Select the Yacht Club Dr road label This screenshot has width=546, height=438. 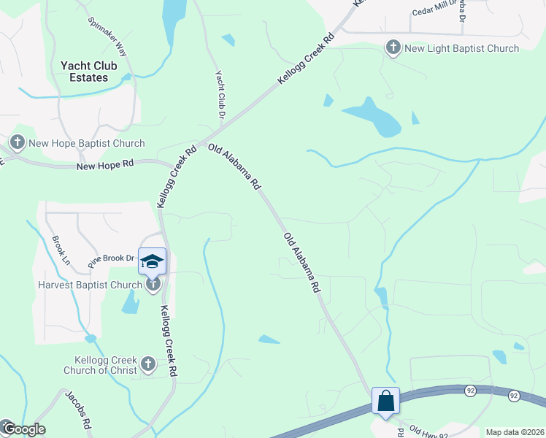click(x=219, y=95)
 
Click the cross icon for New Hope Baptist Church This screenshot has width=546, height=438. click(x=17, y=142)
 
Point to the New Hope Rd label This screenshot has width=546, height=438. click(x=105, y=166)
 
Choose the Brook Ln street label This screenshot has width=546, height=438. click(x=61, y=250)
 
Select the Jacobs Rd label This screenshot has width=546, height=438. click(x=78, y=410)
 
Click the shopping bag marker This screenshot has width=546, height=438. click(x=385, y=401)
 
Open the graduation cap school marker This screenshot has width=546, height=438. click(x=152, y=261)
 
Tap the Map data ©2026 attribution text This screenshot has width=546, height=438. click(x=515, y=432)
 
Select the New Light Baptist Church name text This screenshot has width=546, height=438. click(x=462, y=48)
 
